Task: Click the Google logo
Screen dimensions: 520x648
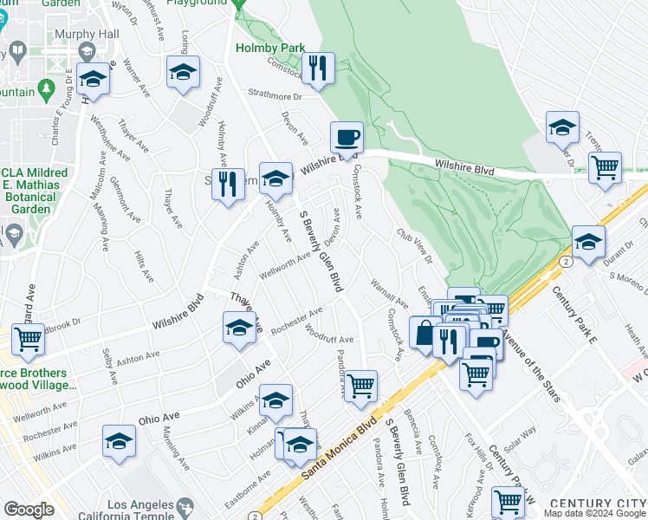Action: [28, 510]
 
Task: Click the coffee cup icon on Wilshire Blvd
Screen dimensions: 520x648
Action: [347, 138]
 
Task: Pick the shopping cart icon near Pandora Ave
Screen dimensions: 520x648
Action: [360, 384]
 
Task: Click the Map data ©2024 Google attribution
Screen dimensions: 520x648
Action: [595, 512]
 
